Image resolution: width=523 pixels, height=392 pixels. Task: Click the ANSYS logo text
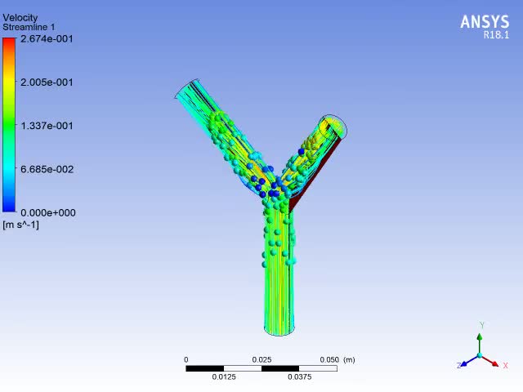pyautogui.click(x=485, y=22)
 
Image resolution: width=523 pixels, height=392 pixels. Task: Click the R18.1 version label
pyautogui.click(x=495, y=35)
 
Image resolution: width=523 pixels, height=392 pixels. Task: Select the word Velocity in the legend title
pyautogui.click(x=20, y=18)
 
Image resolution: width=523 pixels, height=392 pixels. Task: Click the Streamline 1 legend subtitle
pyautogui.click(x=29, y=28)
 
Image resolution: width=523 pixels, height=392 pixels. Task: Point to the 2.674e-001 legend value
pyautogui.click(x=47, y=38)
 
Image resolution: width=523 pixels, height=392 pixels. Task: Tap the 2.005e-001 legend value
pyautogui.click(x=47, y=82)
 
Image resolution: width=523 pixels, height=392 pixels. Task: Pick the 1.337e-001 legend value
pyautogui.click(x=47, y=126)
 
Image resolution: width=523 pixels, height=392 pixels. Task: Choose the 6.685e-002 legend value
pyautogui.click(x=47, y=169)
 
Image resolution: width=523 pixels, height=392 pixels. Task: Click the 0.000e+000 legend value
pyautogui.click(x=47, y=213)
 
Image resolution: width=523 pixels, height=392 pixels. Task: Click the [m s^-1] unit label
pyautogui.click(x=21, y=225)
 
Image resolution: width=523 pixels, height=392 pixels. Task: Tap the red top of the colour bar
pyautogui.click(x=9, y=43)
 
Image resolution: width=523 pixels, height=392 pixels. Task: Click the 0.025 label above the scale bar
pyautogui.click(x=261, y=360)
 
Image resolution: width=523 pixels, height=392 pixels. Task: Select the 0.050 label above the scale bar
pyautogui.click(x=329, y=360)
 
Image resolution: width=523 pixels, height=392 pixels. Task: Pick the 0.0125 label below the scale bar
pyautogui.click(x=224, y=377)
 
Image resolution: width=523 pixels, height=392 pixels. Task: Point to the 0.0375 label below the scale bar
pyautogui.click(x=299, y=377)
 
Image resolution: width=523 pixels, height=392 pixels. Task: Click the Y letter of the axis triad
pyautogui.click(x=482, y=326)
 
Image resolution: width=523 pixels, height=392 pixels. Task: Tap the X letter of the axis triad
pyautogui.click(x=506, y=366)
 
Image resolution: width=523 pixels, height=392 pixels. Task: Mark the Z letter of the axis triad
pyautogui.click(x=459, y=366)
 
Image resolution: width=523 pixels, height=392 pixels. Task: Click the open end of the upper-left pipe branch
pyautogui.click(x=188, y=89)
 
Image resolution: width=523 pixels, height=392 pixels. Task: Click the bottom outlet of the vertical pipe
pyautogui.click(x=279, y=330)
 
